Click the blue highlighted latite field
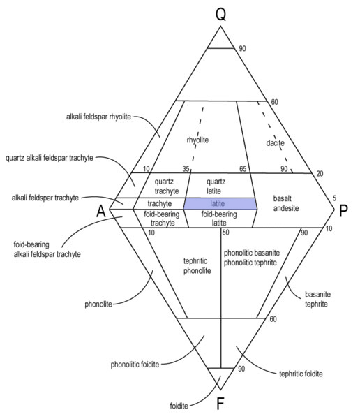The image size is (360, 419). point(220,204)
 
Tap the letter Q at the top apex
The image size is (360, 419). point(220,14)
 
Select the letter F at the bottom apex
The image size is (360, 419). point(220,404)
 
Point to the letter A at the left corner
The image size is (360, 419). point(101,211)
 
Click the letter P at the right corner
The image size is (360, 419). point(343,211)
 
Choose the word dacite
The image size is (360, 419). point(275,142)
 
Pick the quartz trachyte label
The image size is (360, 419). point(166,186)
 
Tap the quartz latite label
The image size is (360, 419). point(216,186)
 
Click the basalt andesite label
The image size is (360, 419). point(286,203)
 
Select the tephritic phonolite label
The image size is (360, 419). point(197,265)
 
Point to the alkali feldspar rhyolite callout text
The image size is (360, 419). point(98,117)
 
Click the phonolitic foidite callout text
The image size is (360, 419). point(135,365)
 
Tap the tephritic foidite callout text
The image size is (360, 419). point(301,374)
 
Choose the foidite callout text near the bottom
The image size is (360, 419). point(179,406)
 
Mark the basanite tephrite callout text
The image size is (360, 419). point(317,299)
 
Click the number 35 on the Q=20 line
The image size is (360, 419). point(186,169)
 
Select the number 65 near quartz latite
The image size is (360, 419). point(243,169)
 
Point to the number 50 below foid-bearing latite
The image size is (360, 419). point(225,233)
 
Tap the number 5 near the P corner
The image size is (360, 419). point(334,198)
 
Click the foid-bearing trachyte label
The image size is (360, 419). point(162,219)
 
